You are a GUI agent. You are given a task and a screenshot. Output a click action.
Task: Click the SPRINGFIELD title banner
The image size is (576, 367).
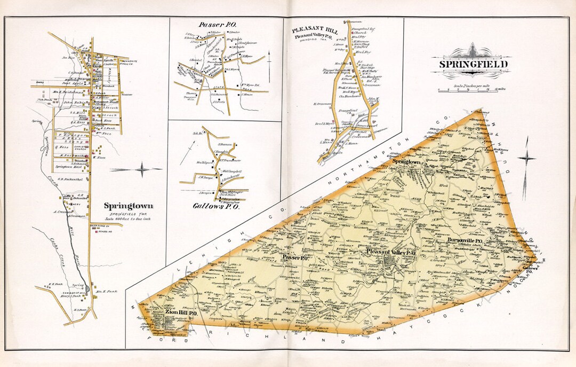473,65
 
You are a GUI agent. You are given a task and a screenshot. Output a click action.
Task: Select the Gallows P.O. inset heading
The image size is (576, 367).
216,207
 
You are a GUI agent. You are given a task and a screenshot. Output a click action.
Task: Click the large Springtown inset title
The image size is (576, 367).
129,206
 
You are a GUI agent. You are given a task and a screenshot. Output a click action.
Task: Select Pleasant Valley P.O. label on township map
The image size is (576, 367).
391,251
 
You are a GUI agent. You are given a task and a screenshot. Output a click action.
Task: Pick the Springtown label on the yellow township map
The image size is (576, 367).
407,161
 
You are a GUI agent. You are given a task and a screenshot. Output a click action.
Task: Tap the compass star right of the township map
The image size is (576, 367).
526,159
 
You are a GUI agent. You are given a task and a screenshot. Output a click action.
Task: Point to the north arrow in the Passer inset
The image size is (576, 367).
269,59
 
